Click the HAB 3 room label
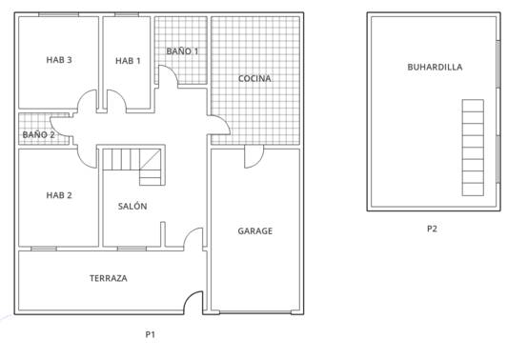59,60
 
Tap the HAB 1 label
128,61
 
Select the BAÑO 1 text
182,51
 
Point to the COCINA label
254,78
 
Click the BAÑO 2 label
38,134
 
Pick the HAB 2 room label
59,195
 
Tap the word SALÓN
132,206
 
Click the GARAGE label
254,230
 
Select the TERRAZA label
109,278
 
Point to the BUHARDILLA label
435,67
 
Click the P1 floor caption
151,334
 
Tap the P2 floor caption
432,229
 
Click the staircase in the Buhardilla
473,148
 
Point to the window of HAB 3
58,14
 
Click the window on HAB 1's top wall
127,14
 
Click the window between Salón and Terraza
132,249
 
